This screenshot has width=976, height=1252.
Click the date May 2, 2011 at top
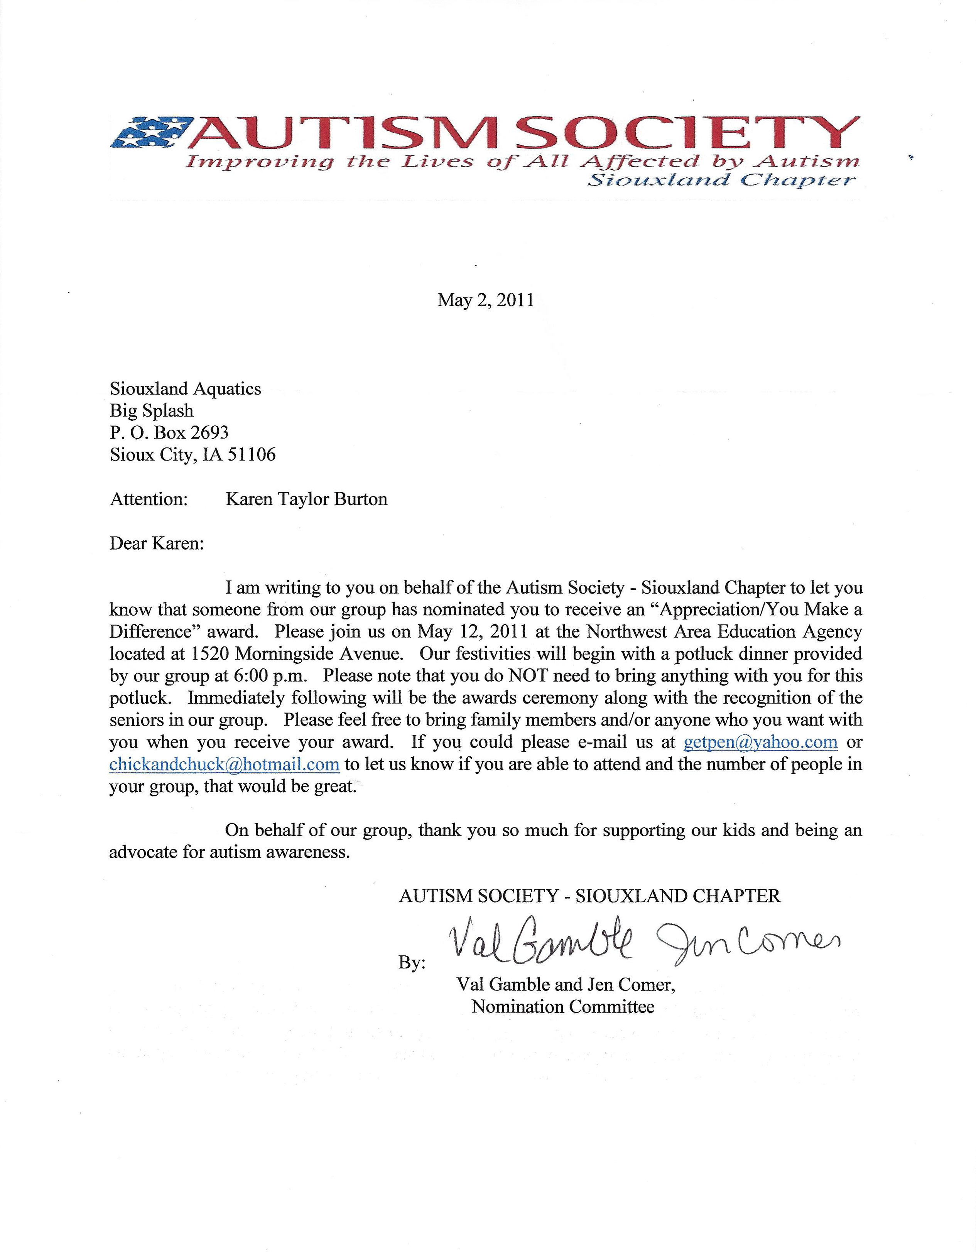(485, 300)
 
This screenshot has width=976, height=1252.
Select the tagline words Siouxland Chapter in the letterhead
(721, 181)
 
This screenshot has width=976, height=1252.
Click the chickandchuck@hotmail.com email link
(224, 764)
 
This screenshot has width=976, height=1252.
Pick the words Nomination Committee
(562, 1007)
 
